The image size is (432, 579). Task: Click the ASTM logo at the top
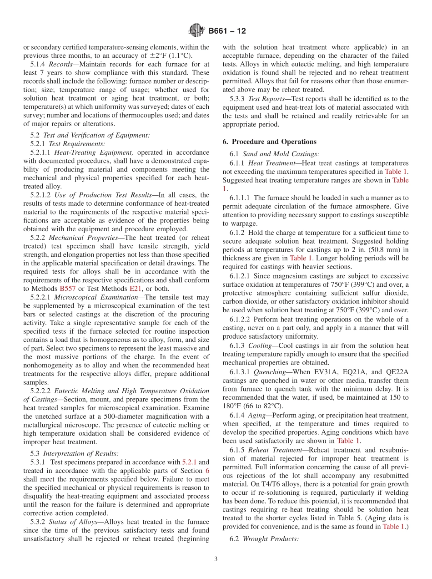pos(196,31)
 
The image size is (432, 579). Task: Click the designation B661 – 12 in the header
pos(227,31)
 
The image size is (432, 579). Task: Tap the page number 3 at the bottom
pos(216,559)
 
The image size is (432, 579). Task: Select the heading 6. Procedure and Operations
pos(269,142)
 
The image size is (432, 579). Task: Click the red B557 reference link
pos(67,289)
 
